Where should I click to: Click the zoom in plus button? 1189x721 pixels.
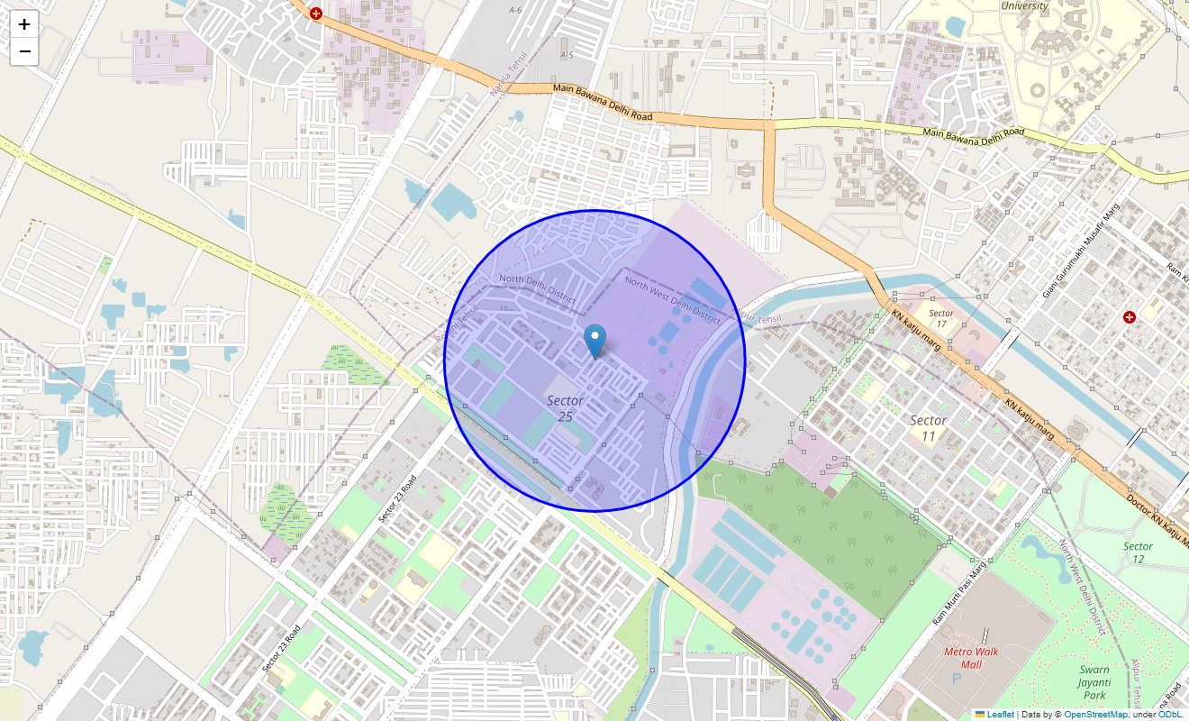click(24, 24)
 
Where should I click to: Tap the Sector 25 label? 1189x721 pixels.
click(566, 408)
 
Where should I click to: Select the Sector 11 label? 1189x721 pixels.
click(928, 428)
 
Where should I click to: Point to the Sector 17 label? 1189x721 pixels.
click(941, 318)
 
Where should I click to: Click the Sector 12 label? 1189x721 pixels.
click(1138, 552)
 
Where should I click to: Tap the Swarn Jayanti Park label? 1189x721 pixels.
click(1094, 682)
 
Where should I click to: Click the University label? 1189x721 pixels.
click(1025, 6)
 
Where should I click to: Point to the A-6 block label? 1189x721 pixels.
click(515, 11)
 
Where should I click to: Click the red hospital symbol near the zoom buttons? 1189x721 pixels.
click(315, 14)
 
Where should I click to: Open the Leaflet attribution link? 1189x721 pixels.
click(999, 715)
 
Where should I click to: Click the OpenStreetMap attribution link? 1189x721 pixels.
click(1094, 715)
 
